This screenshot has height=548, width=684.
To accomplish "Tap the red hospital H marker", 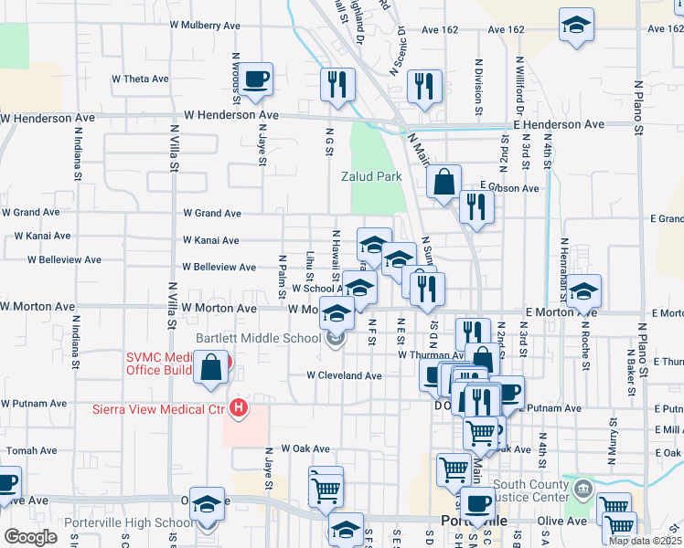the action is (x=239, y=406).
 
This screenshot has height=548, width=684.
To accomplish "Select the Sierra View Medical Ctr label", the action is (x=158, y=409).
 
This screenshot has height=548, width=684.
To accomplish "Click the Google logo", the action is (x=30, y=537).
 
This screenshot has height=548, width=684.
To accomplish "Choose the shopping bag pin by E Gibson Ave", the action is (x=444, y=182).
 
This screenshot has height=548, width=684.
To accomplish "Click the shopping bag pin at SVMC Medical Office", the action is (x=210, y=369).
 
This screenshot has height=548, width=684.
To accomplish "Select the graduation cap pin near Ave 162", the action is (x=576, y=26).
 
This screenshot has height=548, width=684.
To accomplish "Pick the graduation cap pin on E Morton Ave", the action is (x=583, y=292).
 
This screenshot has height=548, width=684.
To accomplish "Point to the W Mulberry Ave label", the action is (x=216, y=25).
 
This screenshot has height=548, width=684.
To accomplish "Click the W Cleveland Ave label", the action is (x=344, y=375).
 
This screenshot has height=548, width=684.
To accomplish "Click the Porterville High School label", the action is (x=129, y=523).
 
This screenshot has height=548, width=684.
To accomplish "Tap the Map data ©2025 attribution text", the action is (x=644, y=541).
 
